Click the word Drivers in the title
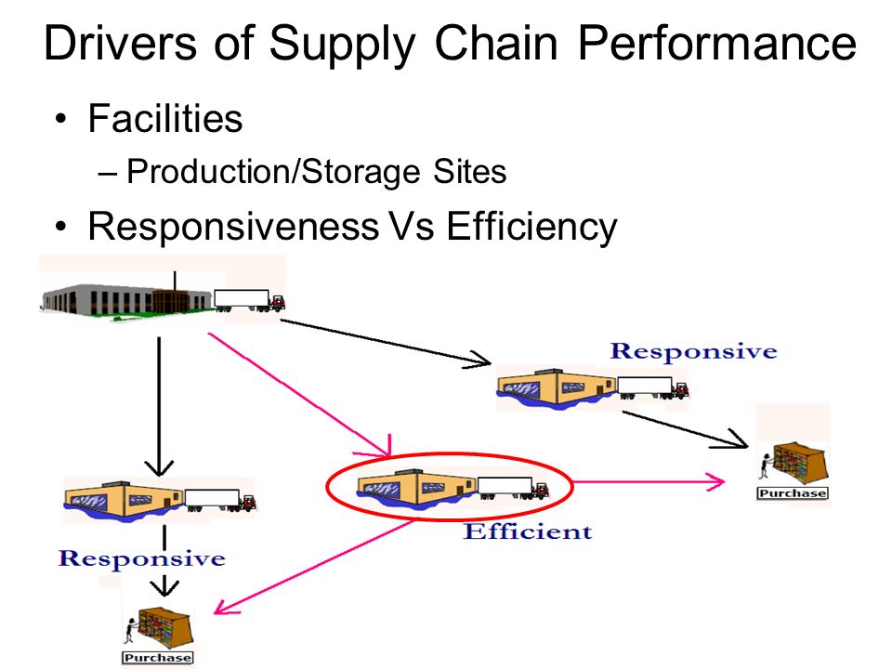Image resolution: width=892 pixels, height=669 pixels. click(x=120, y=43)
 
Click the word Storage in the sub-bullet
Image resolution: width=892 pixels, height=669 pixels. click(x=361, y=171)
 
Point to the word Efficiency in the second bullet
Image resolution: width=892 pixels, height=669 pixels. click(x=531, y=228)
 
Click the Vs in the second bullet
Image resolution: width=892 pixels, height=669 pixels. click(x=411, y=227)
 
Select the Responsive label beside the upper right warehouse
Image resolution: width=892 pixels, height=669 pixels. click(x=693, y=351)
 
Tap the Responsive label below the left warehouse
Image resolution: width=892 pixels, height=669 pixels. click(x=141, y=558)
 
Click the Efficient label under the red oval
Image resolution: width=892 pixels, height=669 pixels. click(x=528, y=531)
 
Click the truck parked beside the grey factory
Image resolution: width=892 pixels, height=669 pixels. click(x=249, y=300)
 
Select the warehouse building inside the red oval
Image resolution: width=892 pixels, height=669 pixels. click(x=416, y=488)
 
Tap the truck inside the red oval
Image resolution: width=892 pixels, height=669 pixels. click(x=513, y=488)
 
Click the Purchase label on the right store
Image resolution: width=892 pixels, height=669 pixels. click(x=793, y=493)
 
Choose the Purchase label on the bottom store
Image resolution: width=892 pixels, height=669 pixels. click(x=158, y=658)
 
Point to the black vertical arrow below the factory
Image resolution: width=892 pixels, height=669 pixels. click(x=159, y=406)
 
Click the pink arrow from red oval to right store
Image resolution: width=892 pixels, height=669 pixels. click(x=649, y=482)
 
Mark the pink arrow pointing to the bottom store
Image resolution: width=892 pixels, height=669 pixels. click(x=316, y=567)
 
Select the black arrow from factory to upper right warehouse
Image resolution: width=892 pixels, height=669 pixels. click(x=386, y=343)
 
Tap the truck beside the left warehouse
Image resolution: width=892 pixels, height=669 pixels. click(x=220, y=500)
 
